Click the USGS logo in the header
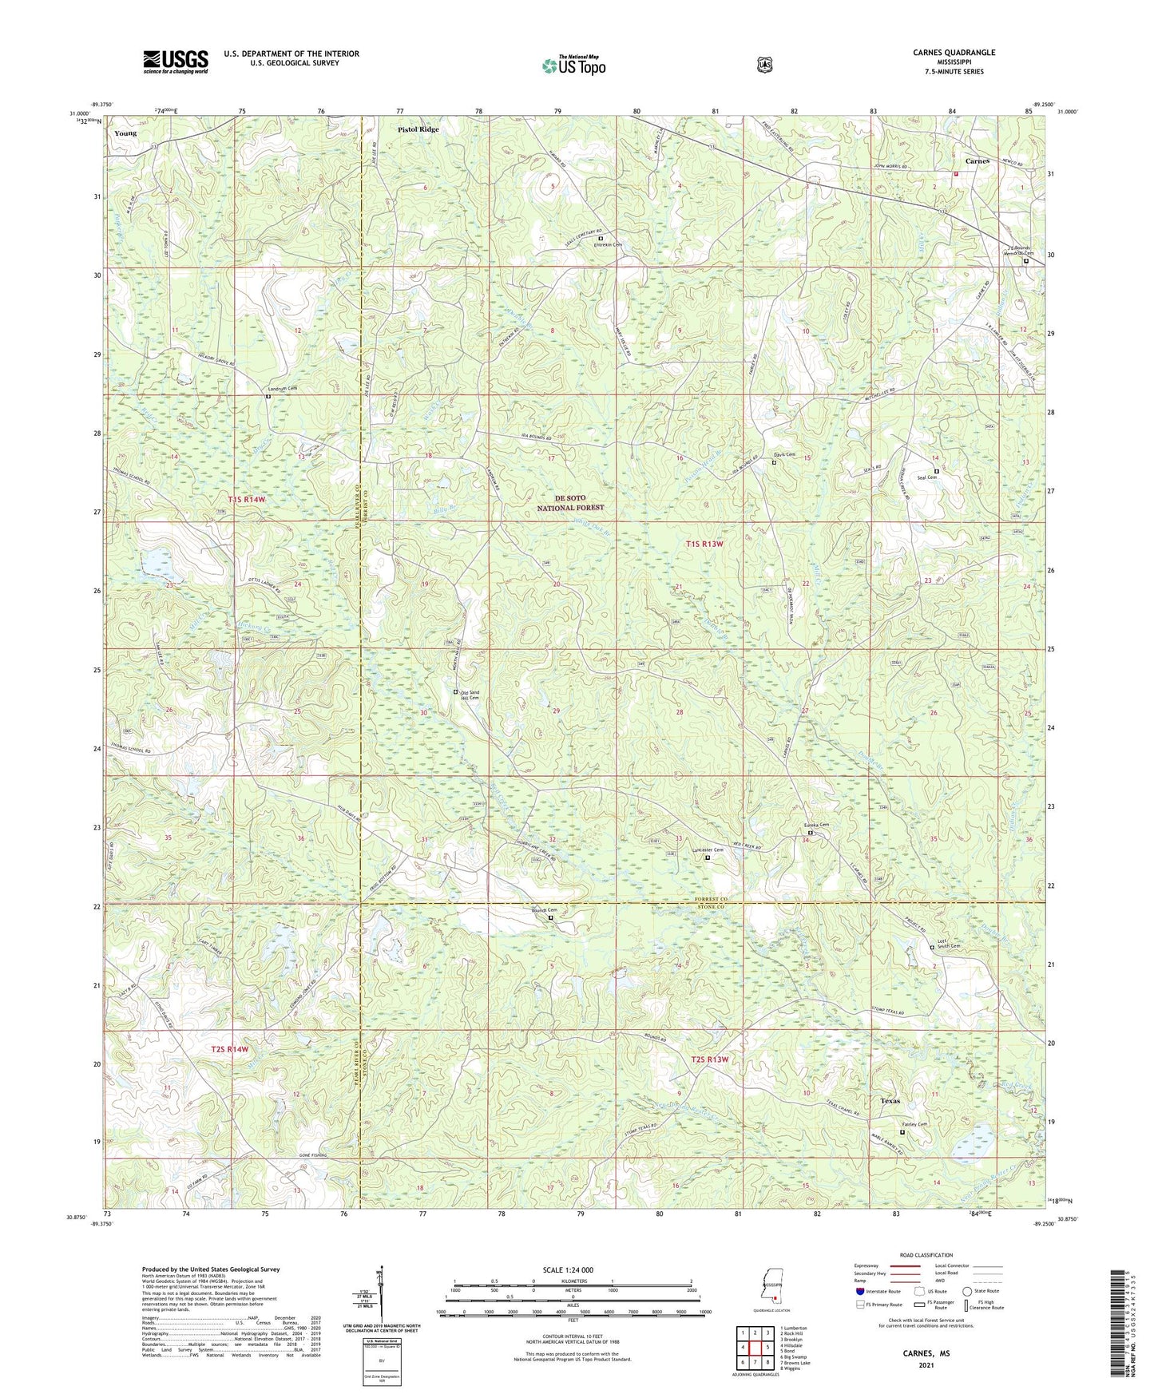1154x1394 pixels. (175, 61)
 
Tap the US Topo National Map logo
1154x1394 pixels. (573, 66)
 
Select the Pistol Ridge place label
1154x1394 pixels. (419, 129)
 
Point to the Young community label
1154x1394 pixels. (125, 133)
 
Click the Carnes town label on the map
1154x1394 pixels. (977, 160)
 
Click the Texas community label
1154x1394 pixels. (890, 1101)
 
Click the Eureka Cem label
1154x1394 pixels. (816, 825)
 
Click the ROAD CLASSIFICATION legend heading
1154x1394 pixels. (926, 1255)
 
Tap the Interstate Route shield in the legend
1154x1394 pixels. (859, 1291)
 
